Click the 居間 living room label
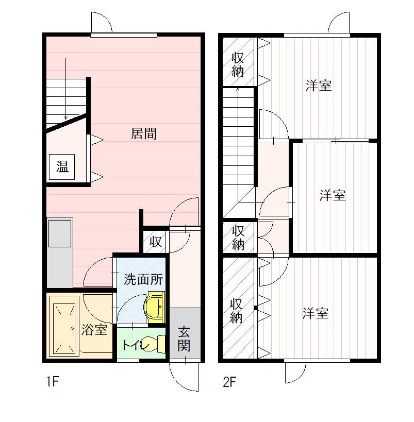[143, 133]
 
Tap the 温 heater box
[62, 167]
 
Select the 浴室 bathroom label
[94, 329]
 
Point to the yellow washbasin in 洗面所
[155, 307]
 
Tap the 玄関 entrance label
[184, 339]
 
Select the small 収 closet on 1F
[156, 242]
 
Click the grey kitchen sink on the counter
[60, 233]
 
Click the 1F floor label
[52, 382]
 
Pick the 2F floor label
[229, 382]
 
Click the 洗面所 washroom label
[143, 280]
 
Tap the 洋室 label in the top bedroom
[319, 86]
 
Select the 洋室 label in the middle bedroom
[333, 195]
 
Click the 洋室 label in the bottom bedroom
[316, 313]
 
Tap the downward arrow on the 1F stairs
[65, 89]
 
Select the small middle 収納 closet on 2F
[238, 238]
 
